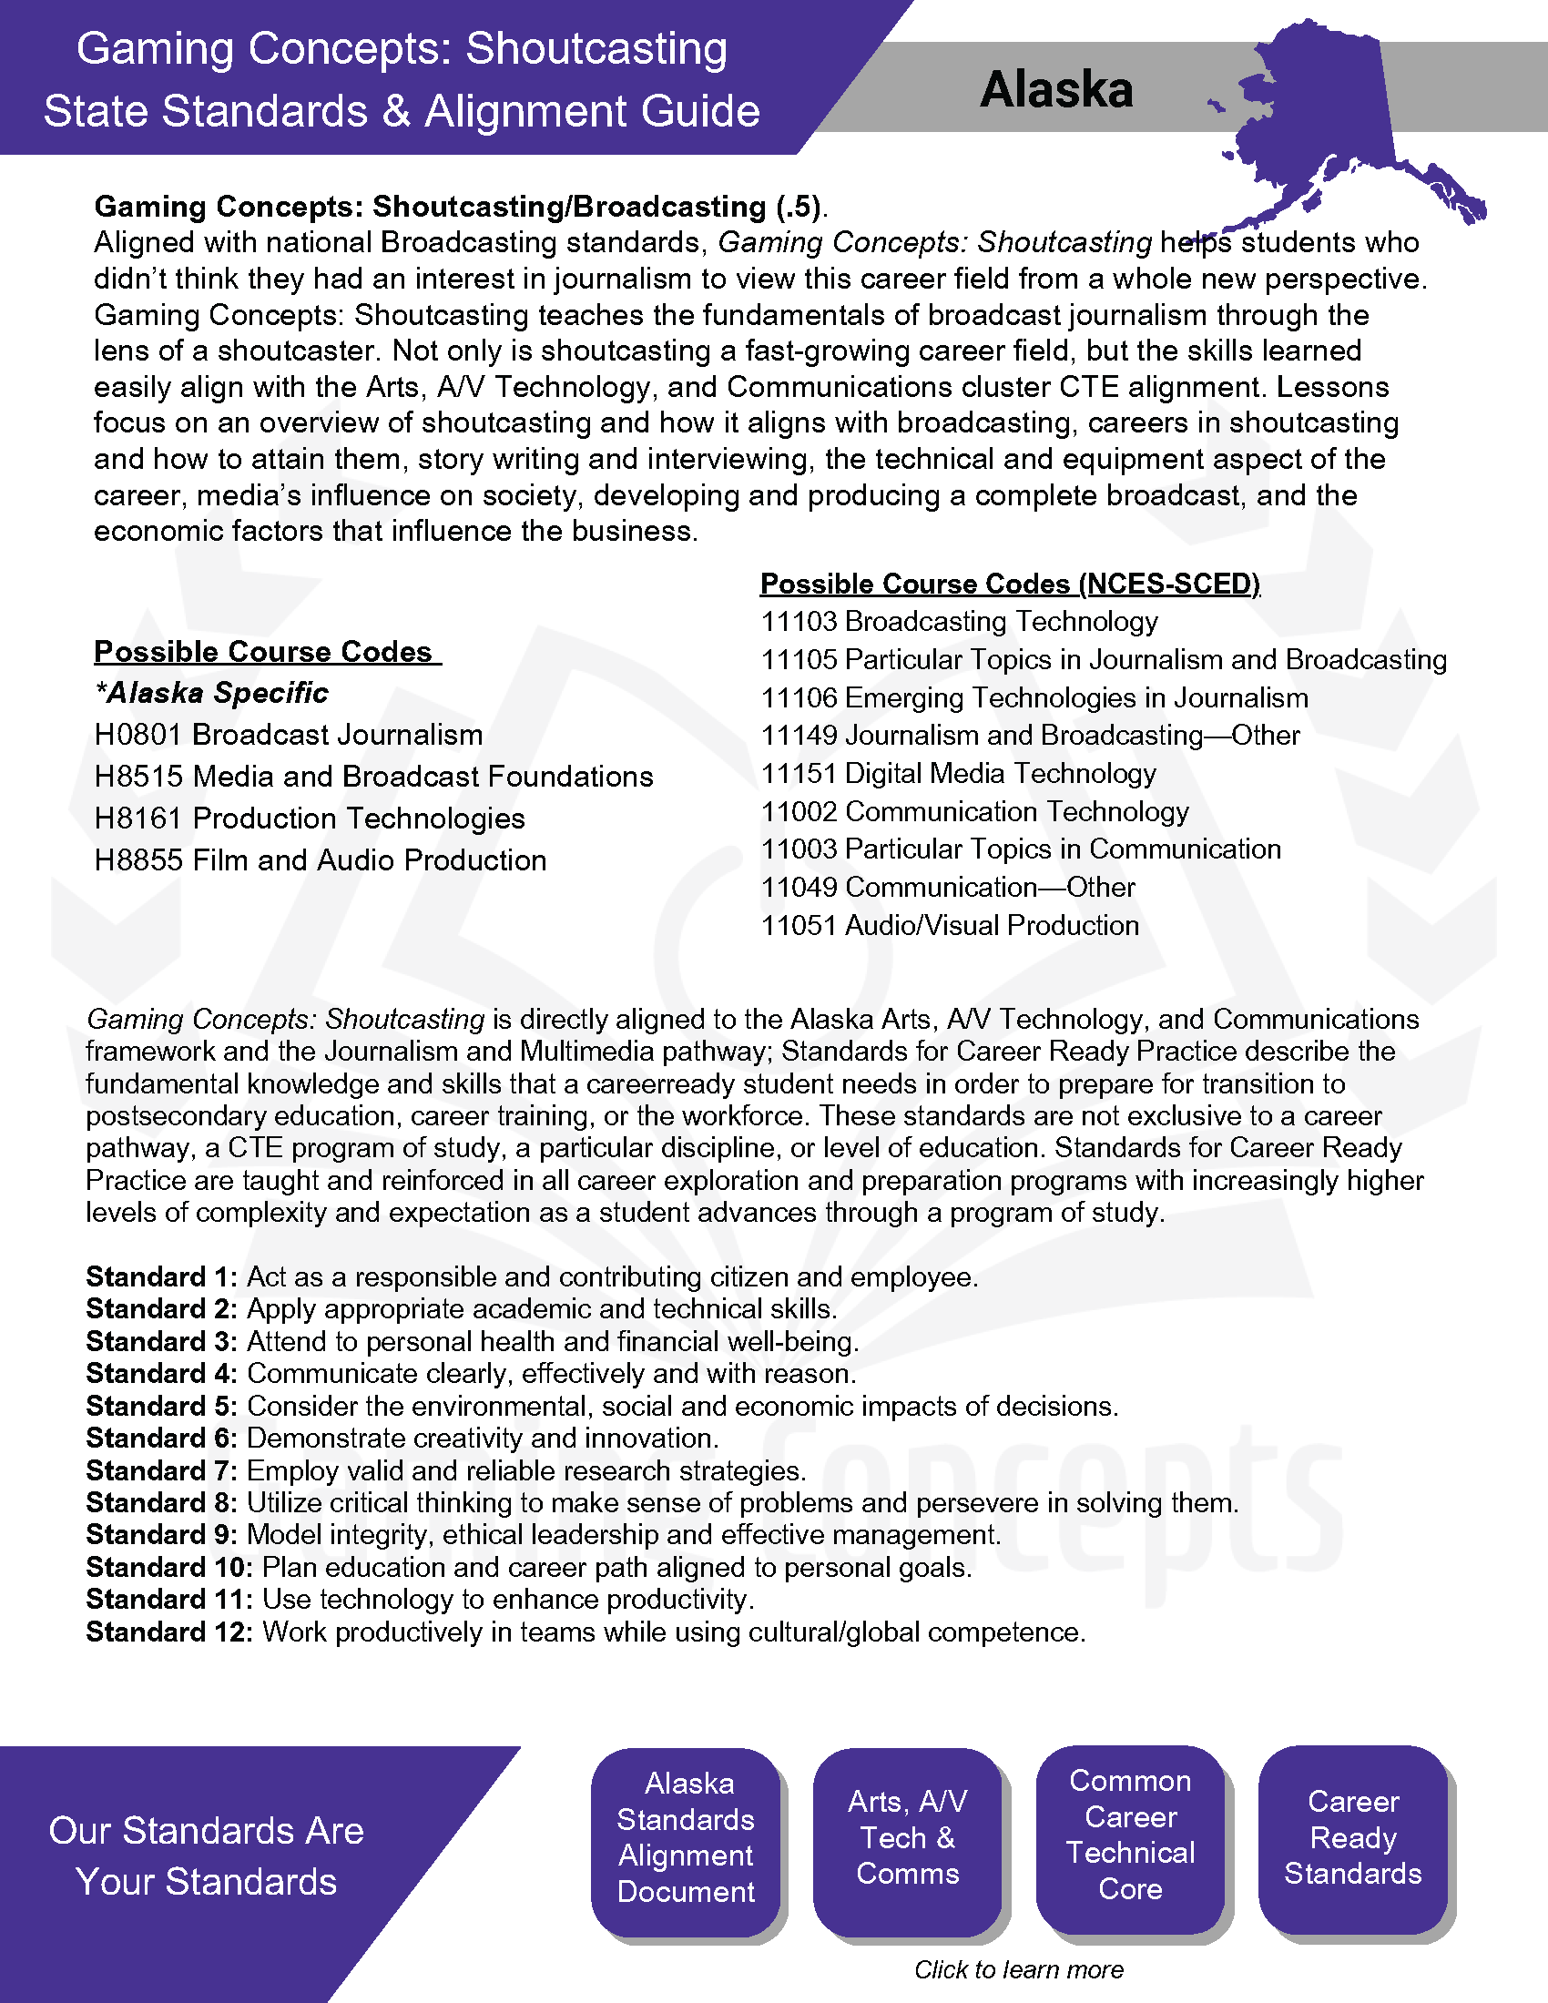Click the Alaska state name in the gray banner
(1055, 89)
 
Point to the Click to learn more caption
(1018, 1969)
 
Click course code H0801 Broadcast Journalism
(288, 735)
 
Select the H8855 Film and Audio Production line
(320, 860)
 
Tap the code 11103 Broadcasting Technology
(958, 622)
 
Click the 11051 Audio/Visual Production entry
(949, 925)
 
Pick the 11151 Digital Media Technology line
(957, 773)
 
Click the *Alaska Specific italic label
(211, 693)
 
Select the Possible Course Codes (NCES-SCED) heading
(1010, 584)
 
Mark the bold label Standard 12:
(168, 1632)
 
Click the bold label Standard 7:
(161, 1470)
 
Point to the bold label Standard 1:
(161, 1276)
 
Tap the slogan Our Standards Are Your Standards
(207, 1856)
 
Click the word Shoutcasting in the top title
(596, 48)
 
